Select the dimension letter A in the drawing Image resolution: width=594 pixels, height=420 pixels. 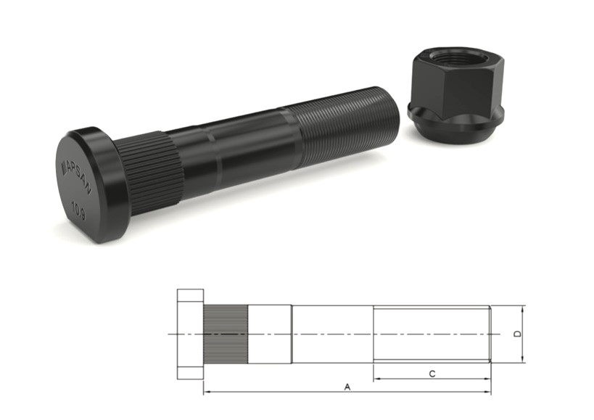point(347,387)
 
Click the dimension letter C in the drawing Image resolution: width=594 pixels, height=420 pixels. point(432,374)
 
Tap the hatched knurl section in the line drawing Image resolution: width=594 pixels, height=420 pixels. point(226,334)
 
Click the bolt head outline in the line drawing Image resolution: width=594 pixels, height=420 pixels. point(190,334)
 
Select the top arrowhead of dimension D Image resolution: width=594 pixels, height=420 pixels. point(522,308)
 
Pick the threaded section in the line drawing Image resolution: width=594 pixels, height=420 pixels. point(432,334)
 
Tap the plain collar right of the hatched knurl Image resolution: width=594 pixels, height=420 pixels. point(270,334)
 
